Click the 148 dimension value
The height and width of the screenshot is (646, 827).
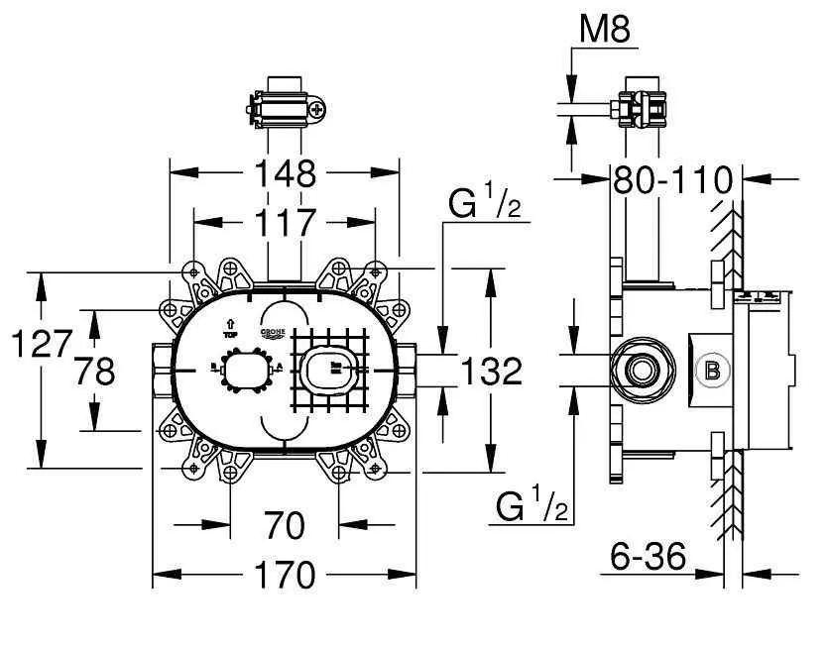(x=285, y=173)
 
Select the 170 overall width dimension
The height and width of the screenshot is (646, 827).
(x=284, y=575)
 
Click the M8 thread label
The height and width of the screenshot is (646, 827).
(x=605, y=31)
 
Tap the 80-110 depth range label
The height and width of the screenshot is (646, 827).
(x=672, y=180)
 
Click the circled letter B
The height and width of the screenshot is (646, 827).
(x=711, y=371)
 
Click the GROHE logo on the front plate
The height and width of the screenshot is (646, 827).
(x=273, y=335)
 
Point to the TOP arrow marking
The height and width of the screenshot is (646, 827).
(x=231, y=328)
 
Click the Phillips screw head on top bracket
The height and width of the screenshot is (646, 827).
(x=317, y=110)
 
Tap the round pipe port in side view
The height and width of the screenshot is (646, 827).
(x=642, y=371)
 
